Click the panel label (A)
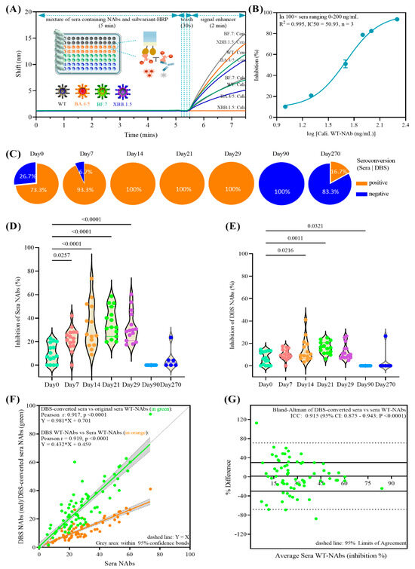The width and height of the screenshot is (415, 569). (x=11, y=10)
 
